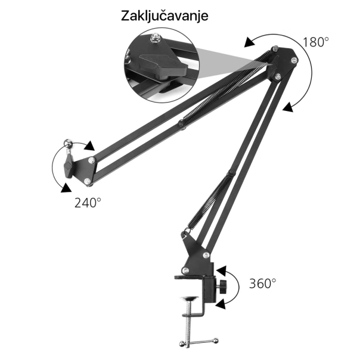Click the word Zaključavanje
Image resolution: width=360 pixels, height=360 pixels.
(165, 15)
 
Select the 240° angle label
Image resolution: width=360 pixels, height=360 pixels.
(88, 202)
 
